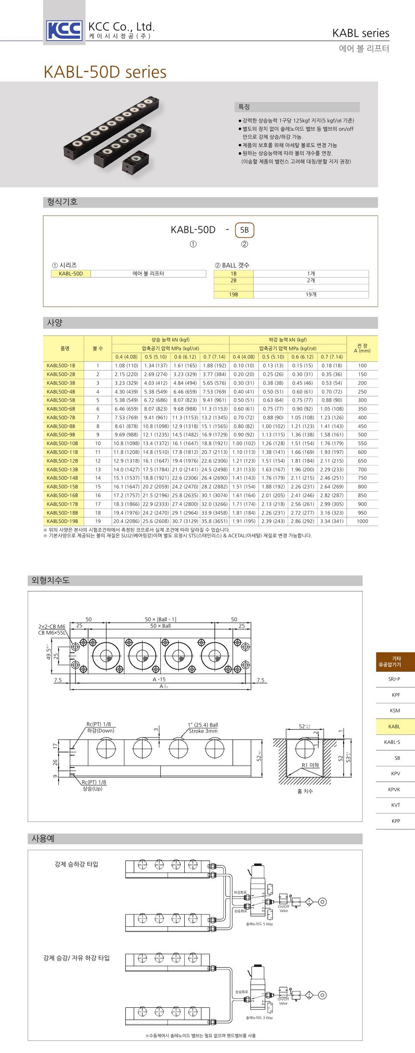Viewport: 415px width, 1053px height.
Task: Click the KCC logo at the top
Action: [64, 30]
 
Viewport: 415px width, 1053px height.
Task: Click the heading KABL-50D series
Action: [105, 72]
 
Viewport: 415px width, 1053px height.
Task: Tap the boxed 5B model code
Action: [244, 230]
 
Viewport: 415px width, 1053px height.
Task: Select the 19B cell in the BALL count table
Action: [234, 295]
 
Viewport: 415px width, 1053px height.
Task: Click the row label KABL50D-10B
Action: [62, 444]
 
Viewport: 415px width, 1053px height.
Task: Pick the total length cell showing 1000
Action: [362, 522]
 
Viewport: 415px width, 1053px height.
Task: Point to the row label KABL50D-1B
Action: [61, 366]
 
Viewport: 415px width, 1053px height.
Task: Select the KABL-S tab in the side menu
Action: [392, 742]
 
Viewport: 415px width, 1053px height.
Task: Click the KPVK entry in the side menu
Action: [394, 789]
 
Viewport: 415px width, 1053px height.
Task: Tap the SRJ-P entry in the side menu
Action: [394, 679]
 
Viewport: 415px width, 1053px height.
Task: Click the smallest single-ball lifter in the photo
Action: [135, 162]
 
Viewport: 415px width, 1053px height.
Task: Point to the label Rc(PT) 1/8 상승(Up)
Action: [94, 785]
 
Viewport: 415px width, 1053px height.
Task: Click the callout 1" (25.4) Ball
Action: [203, 725]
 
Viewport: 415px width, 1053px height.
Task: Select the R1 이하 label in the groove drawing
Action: [310, 765]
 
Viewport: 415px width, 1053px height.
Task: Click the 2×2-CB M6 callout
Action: [52, 626]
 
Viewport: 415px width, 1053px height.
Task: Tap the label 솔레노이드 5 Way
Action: [259, 924]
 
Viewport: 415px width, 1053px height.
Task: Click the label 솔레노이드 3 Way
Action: [259, 1018]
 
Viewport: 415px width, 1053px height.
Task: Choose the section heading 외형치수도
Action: [51, 580]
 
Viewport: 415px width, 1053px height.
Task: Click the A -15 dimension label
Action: [159, 679]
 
